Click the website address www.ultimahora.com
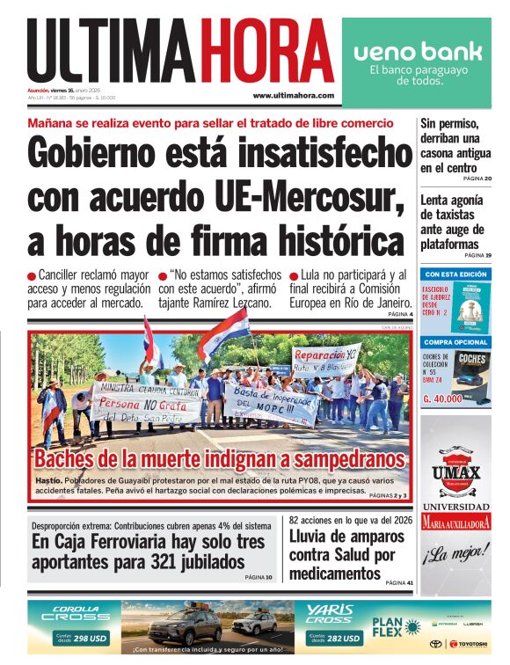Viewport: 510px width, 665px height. click(293, 95)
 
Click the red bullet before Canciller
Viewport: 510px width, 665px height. click(33, 276)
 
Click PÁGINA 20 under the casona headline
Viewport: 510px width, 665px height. click(476, 179)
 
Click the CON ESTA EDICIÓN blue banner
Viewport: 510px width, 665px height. click(455, 274)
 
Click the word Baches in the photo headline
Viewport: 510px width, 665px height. click(69, 459)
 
